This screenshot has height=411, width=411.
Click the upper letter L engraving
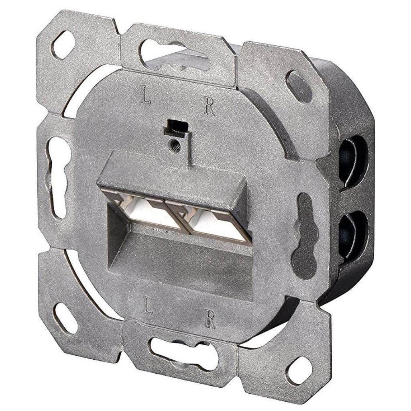coord(146,94)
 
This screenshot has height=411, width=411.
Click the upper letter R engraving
coord(209,106)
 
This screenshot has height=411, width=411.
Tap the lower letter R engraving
coord(210,319)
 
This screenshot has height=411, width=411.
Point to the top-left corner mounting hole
coord(63,45)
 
